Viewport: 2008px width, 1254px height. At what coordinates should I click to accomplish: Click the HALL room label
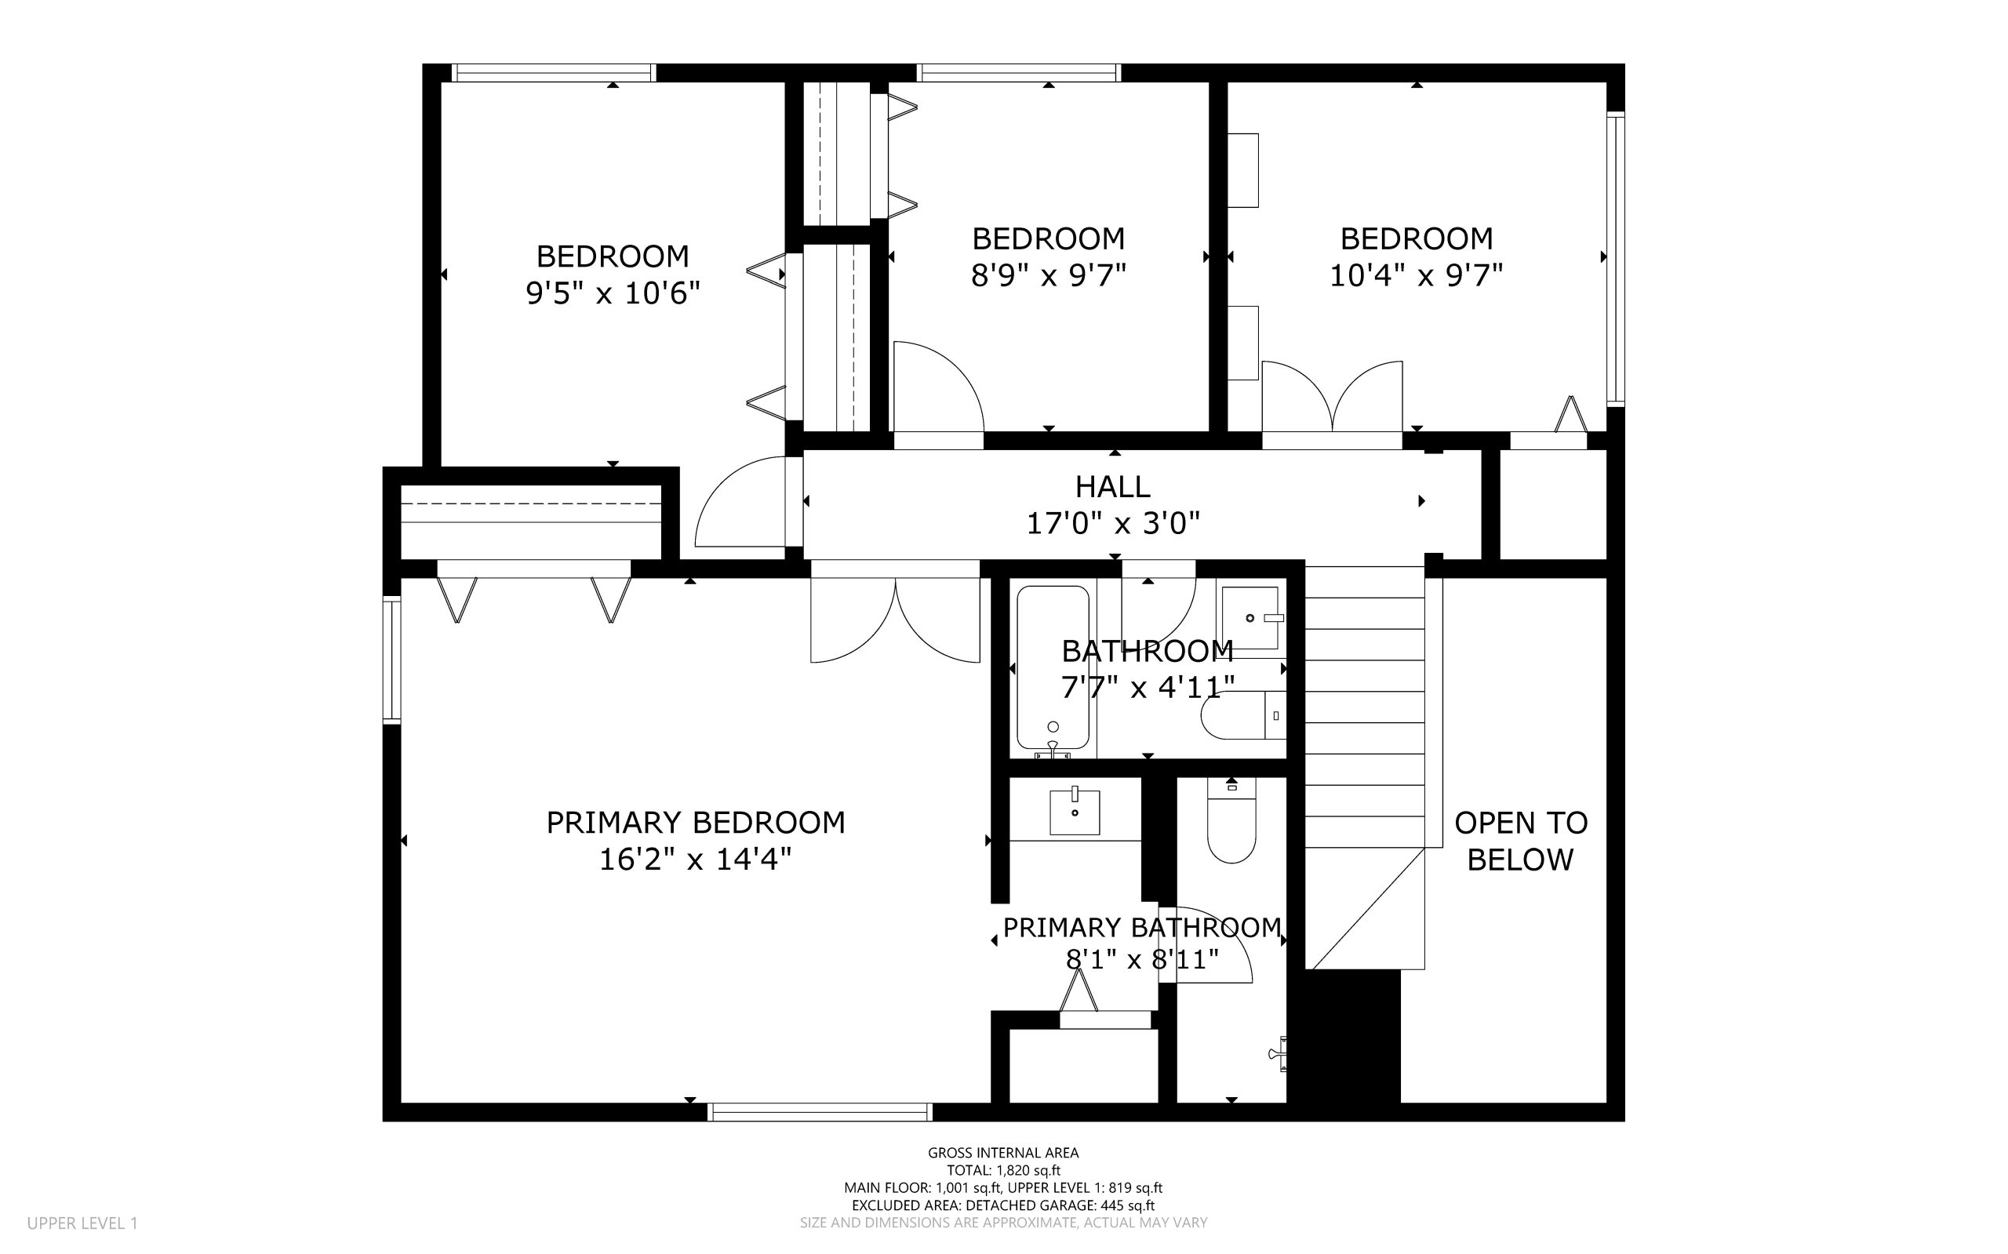(x=1112, y=486)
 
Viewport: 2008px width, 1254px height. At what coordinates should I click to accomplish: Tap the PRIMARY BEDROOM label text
(x=695, y=823)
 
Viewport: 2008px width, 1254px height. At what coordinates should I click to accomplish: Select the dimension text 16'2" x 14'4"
(x=695, y=860)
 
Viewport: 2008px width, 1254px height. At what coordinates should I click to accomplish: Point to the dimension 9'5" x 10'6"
(x=613, y=293)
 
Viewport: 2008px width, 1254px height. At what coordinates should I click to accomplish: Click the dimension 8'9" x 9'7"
(x=1049, y=274)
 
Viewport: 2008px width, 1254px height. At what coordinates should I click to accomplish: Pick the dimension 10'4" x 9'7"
(x=1416, y=274)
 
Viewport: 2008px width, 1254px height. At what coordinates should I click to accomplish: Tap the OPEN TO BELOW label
(x=1520, y=841)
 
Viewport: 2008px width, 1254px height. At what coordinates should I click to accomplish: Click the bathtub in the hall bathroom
(x=1053, y=668)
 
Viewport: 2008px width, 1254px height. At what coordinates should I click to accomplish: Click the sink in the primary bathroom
(x=1074, y=811)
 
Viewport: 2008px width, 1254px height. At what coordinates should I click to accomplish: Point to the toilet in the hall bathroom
(x=1243, y=715)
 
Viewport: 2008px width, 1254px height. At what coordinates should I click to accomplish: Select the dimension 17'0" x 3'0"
(x=1113, y=523)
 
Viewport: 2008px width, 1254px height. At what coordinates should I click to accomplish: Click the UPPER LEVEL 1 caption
(x=82, y=1223)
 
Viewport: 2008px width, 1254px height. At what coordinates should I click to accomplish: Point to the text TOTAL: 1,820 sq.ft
(x=1003, y=1170)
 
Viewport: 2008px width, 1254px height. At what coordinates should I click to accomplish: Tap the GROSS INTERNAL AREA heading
(x=1003, y=1153)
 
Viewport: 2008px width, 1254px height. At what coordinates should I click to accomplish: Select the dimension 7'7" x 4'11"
(x=1148, y=687)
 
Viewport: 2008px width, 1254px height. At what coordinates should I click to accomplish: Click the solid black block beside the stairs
(x=1344, y=1037)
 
